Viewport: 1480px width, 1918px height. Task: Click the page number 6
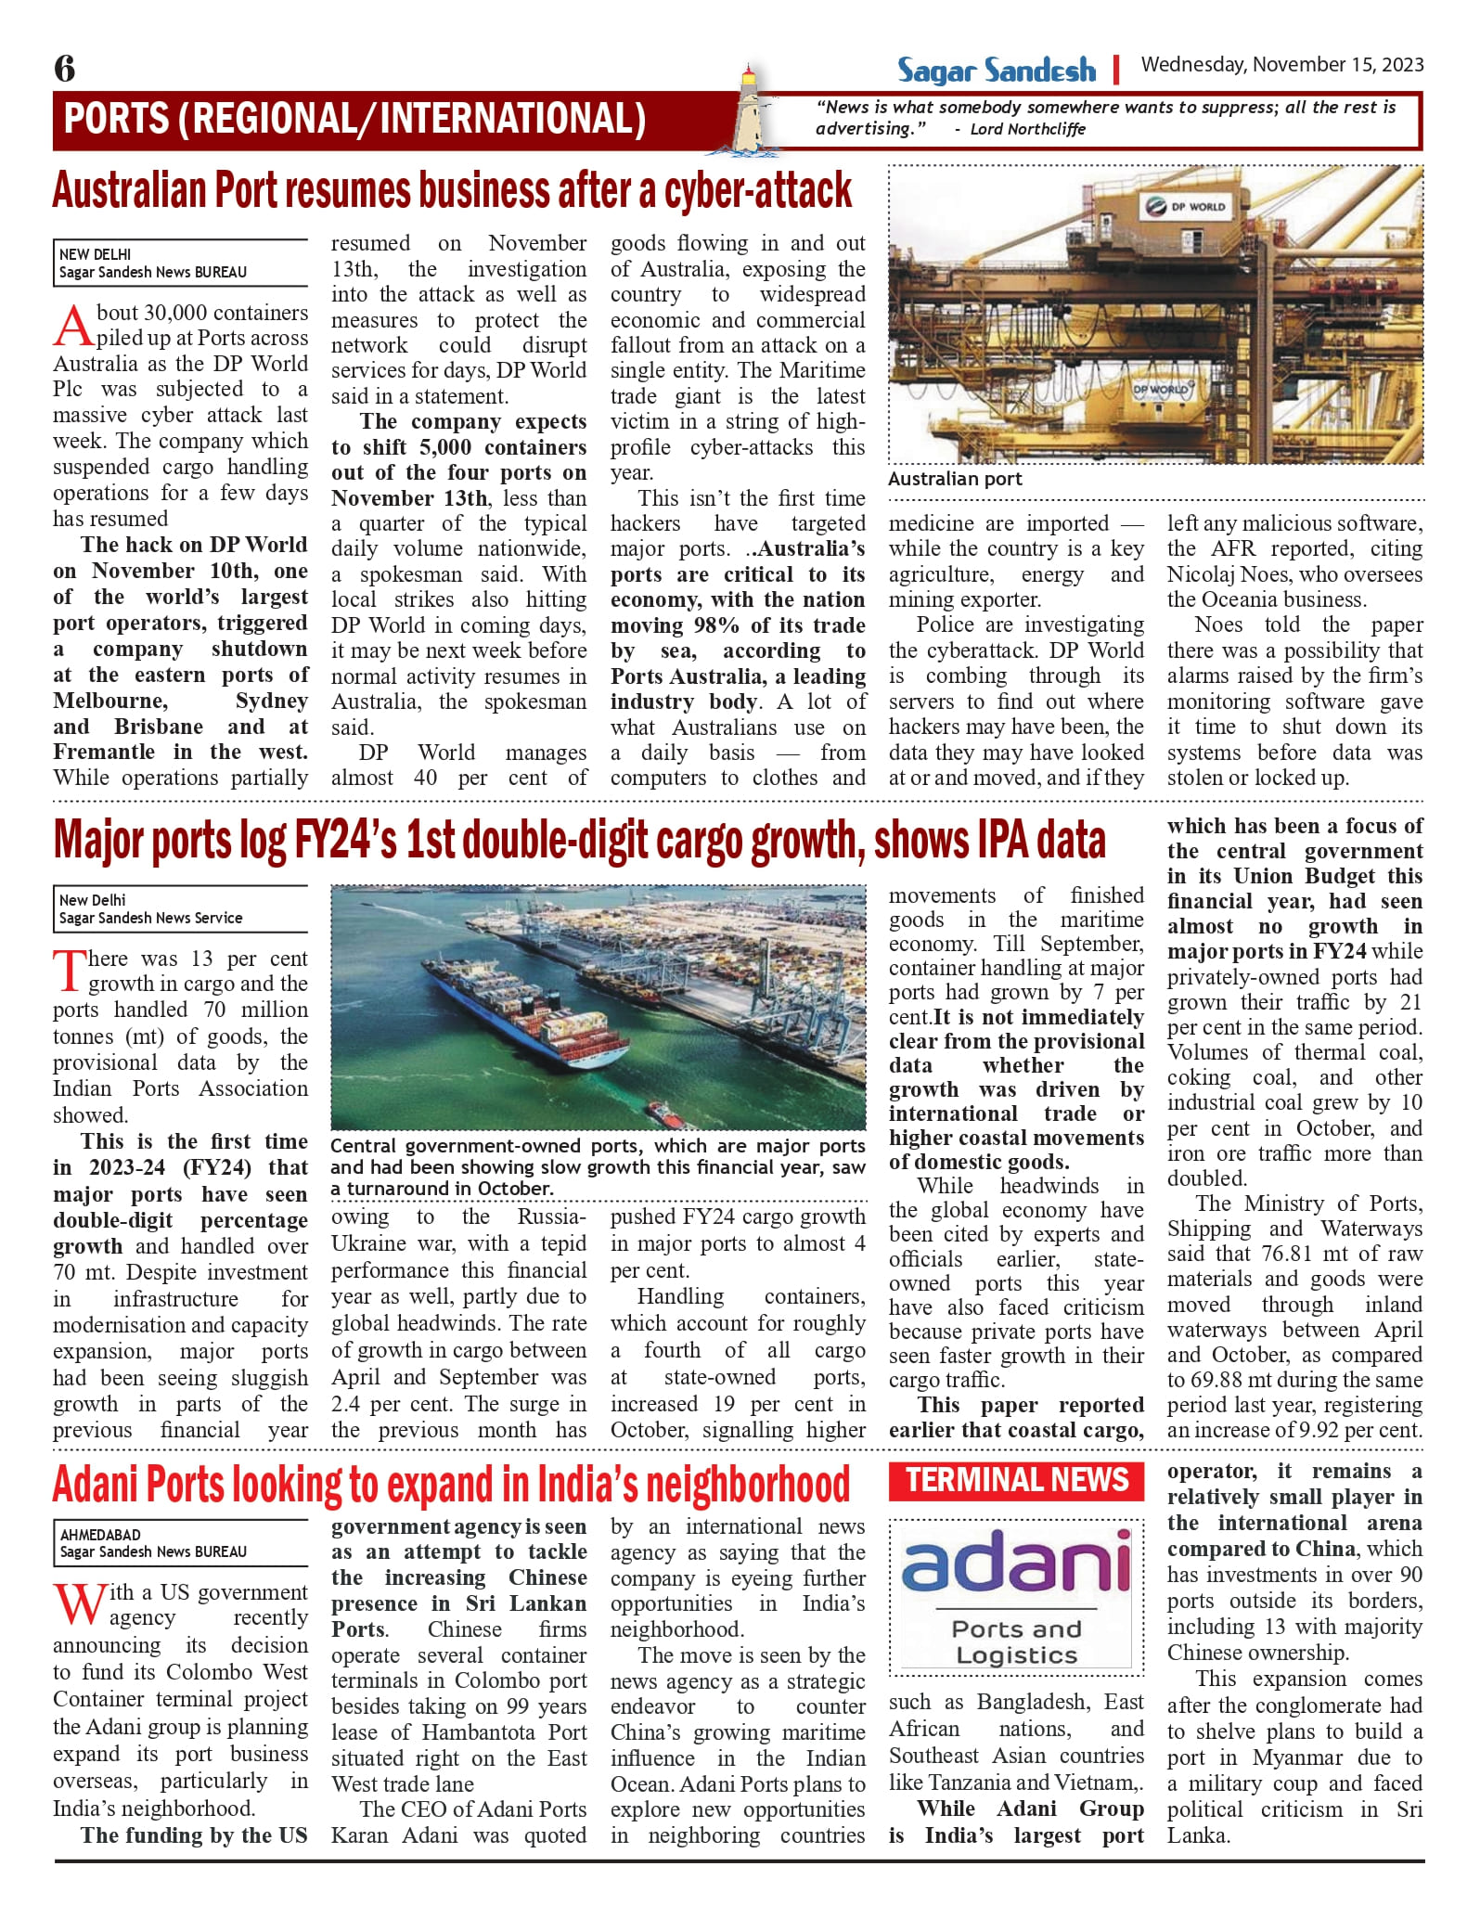pos(65,69)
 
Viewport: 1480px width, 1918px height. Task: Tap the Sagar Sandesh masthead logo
pos(996,71)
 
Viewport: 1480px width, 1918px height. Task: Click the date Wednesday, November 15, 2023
pos(1281,65)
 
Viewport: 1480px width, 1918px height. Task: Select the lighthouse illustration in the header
pos(749,109)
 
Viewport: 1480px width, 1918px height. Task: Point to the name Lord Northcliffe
pos(1027,129)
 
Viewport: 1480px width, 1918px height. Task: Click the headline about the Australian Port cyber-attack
pos(452,190)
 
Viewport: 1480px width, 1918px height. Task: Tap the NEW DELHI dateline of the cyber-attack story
pos(95,254)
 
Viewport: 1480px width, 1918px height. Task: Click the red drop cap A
pos(73,326)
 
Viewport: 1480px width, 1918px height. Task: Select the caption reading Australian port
pos(955,479)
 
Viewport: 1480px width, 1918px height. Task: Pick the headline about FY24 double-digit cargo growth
pos(579,840)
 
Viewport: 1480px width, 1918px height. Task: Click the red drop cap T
pos(71,972)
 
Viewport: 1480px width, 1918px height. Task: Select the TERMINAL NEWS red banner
pos(1016,1480)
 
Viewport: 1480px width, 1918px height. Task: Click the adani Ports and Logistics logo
pos(1016,1598)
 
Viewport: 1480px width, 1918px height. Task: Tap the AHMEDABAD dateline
pos(100,1535)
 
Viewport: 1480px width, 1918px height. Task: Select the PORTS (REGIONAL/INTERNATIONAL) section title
pos(354,120)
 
